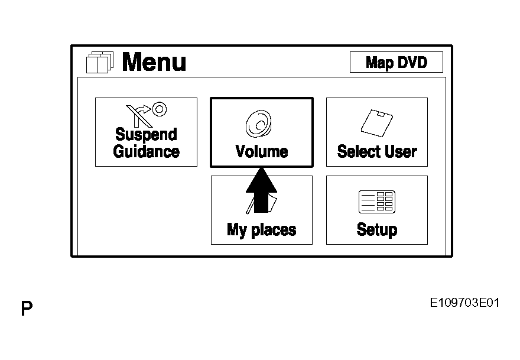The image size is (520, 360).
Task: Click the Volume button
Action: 261,132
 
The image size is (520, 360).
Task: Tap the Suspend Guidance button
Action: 146,132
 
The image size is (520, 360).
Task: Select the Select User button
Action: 376,132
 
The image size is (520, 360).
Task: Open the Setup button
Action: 376,210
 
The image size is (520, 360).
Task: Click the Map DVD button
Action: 396,62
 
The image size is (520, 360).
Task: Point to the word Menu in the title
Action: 154,62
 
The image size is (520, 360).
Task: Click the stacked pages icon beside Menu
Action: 98,62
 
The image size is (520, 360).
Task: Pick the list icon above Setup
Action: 376,202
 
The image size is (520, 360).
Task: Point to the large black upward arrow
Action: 261,189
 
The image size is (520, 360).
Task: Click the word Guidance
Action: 146,151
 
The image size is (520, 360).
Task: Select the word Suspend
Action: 146,135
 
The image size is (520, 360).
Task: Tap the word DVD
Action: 412,62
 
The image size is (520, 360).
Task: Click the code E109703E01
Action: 464,303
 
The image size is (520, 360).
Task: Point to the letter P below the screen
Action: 27,308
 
